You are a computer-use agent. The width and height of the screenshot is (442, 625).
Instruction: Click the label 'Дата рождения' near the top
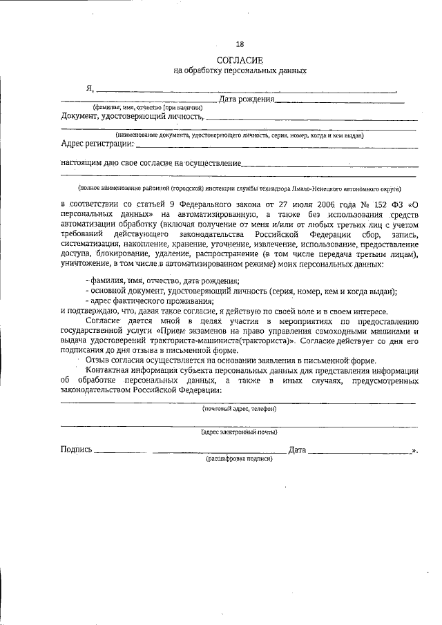(246, 100)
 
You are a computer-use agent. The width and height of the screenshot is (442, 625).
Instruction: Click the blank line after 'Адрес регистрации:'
(276, 146)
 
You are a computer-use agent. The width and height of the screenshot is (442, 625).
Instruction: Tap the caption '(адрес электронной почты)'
(240, 432)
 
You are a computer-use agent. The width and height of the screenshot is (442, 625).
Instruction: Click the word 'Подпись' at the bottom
(76, 450)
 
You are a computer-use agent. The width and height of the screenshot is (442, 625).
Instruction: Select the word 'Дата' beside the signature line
(297, 450)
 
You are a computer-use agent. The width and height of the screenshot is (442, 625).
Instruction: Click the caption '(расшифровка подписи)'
(240, 459)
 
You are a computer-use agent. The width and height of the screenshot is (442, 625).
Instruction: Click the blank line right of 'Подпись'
(119, 452)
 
